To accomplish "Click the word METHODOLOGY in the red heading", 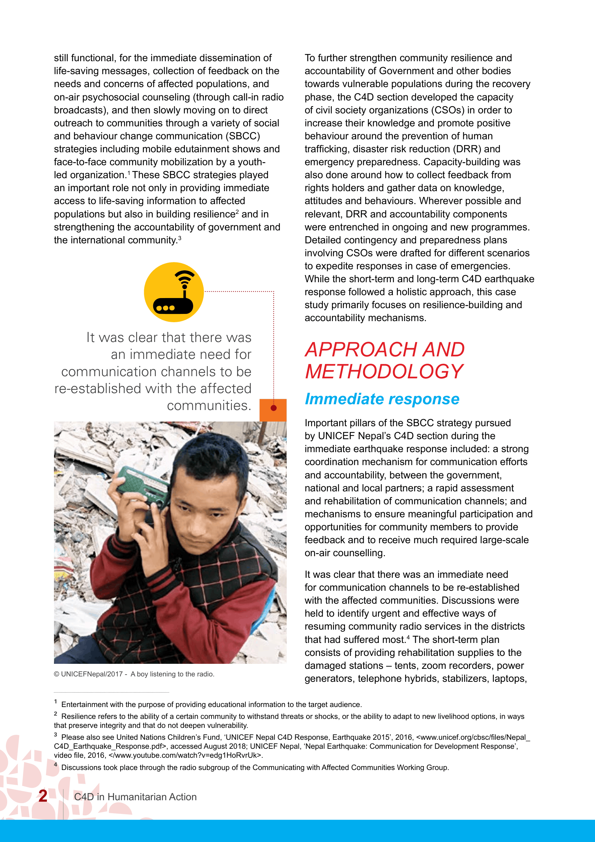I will click(x=384, y=372).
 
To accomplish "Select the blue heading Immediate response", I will click(x=382, y=399).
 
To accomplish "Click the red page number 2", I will click(x=43, y=796).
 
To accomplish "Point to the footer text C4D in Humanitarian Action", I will click(x=135, y=797).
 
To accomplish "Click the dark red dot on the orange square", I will click(x=273, y=408).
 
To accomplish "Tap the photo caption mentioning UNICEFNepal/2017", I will click(x=134, y=674).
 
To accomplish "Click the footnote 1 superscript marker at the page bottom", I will click(x=56, y=702).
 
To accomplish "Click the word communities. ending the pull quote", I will click(x=209, y=406).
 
